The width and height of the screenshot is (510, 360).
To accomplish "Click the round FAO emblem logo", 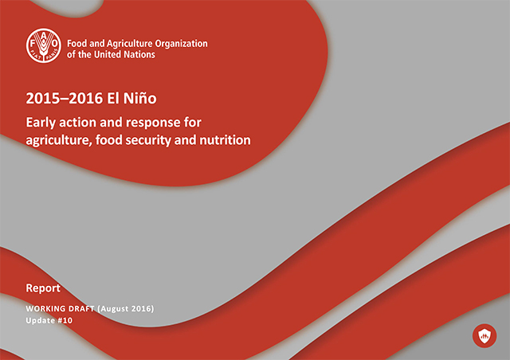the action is coord(44,45).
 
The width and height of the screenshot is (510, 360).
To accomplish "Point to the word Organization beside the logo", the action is coord(181,44).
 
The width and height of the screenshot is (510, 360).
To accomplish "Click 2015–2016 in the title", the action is coord(65,98).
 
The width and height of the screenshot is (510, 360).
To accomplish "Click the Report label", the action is coord(43,288).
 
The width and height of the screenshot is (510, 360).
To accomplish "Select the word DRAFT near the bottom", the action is coord(81,308).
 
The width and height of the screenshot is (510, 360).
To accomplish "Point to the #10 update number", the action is coord(65,321).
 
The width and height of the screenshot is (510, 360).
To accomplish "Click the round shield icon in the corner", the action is coord(484,335).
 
